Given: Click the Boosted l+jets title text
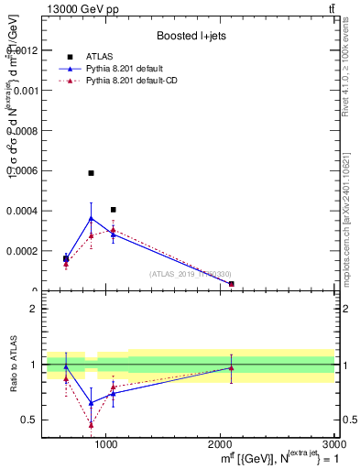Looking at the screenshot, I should coord(191,36).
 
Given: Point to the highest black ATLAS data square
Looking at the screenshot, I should coord(91,172).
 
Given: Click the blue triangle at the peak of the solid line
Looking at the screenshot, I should coord(91,218).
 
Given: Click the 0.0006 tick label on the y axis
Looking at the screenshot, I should coord(22,170).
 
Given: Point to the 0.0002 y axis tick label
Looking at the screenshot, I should coord(22,250).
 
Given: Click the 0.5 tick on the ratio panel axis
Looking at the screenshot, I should coord(31,420).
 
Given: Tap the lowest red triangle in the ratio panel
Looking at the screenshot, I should coord(91,424).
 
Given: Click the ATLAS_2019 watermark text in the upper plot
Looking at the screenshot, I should coord(191,274).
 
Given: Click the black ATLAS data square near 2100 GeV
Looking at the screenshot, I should coord(231,284).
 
